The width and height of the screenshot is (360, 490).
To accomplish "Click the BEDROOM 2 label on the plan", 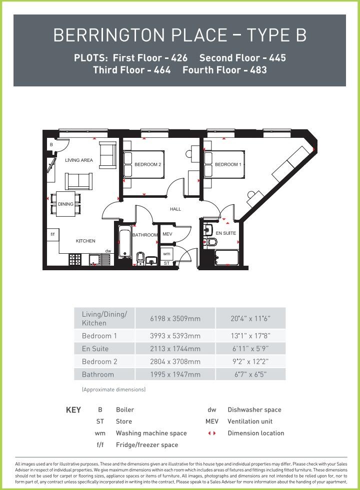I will pos(147,164).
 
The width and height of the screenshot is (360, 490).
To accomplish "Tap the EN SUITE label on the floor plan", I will pos(226,233).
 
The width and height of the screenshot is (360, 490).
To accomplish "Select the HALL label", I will pos(175,209).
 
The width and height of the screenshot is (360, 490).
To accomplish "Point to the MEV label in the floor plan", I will pos(167,234).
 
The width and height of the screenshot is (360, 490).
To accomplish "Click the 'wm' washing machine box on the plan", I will pos(166,254).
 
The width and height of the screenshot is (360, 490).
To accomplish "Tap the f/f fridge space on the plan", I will pos(52,234).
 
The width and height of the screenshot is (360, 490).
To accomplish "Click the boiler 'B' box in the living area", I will pos(51,144).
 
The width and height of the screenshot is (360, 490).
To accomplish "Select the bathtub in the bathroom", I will pos(125,245).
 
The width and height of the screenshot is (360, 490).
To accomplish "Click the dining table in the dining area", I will pos(65,204).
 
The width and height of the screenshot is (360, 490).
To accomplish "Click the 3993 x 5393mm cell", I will pos(175,336).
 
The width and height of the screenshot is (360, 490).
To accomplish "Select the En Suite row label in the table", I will pos(95,349).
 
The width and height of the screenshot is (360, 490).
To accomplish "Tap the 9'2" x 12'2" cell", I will pos(250,361).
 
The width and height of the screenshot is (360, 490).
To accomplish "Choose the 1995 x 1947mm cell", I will pos(175,374).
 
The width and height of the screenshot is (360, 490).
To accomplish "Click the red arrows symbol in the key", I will pos(212,433).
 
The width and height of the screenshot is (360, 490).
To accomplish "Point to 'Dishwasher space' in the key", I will pos(254,410).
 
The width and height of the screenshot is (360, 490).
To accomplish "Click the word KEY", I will pos(73,410).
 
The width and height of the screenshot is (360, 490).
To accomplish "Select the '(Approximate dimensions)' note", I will pos(113,389).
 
